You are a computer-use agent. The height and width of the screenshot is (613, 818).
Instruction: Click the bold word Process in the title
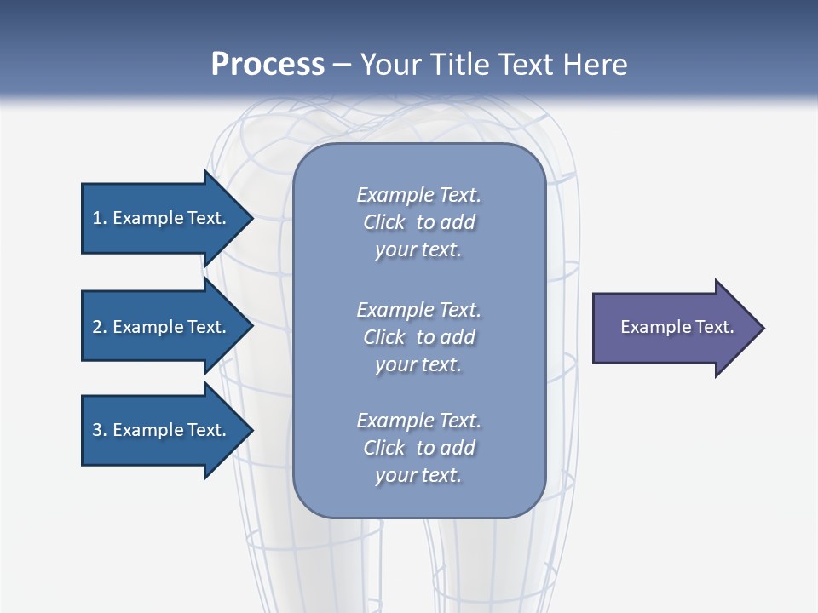point(268,64)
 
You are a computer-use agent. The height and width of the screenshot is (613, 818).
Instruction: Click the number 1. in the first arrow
point(99,218)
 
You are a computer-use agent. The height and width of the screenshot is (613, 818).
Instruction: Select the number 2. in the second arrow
point(99,327)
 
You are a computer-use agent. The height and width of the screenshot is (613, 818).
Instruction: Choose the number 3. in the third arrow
point(99,430)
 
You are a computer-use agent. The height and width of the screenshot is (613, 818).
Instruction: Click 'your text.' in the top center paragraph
point(418,250)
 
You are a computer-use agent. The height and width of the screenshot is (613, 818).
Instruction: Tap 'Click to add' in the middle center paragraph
point(418,337)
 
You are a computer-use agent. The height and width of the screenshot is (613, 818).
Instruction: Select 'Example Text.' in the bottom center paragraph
point(418,421)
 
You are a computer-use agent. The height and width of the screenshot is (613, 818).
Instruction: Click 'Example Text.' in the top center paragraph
point(418,195)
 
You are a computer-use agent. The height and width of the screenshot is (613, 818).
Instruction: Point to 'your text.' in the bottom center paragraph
point(418,476)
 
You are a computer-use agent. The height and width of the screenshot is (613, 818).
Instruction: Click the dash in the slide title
point(343,65)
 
